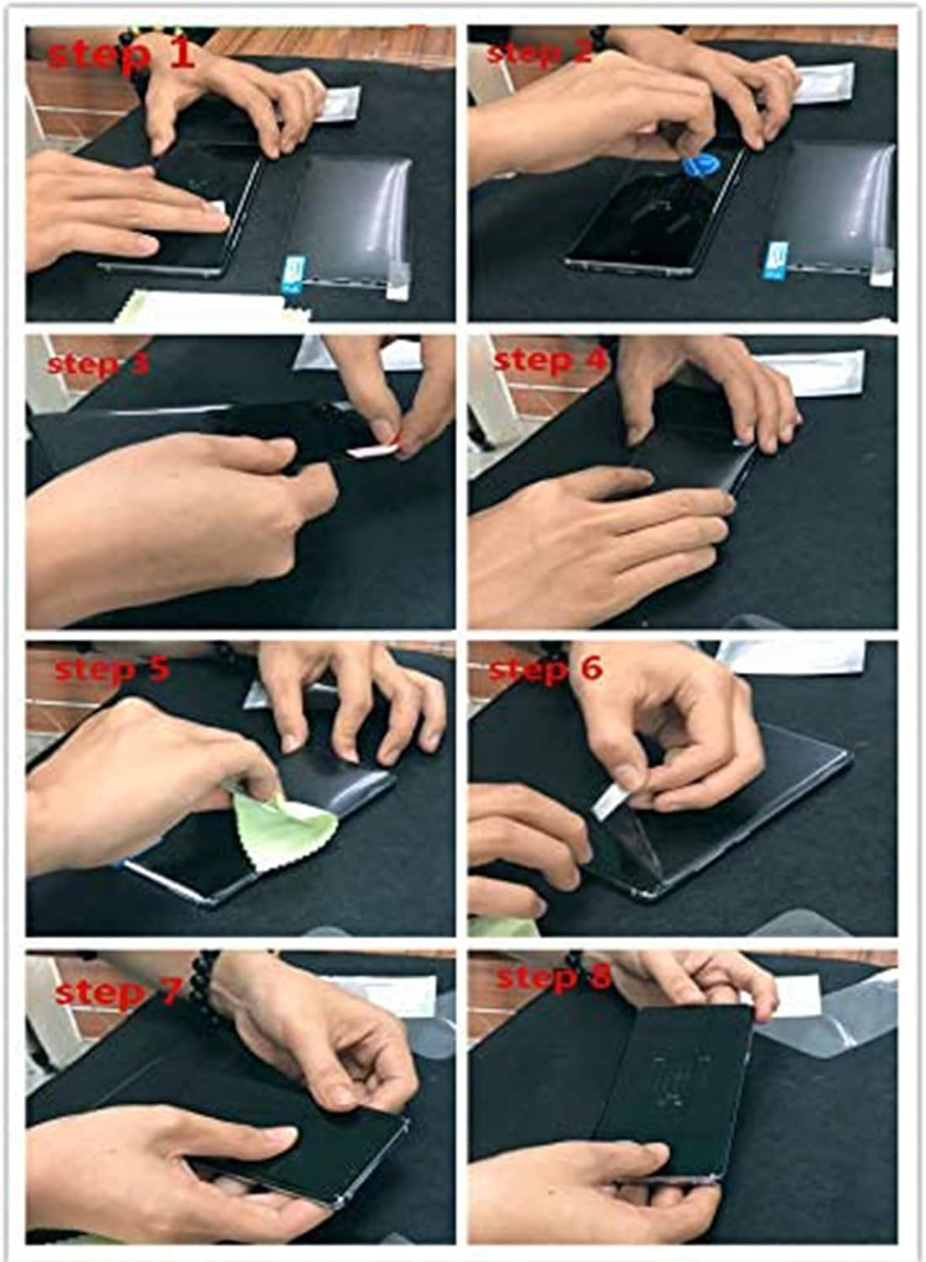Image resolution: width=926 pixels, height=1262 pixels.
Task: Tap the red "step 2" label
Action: pyautogui.click(x=540, y=53)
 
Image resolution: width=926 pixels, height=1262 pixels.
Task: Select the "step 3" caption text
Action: pyautogui.click(x=98, y=364)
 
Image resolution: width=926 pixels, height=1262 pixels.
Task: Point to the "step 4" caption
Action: pyautogui.click(x=550, y=360)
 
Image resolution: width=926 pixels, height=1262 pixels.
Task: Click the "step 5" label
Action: pyautogui.click(x=112, y=669)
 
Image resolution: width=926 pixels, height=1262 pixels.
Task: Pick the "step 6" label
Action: pyautogui.click(x=545, y=669)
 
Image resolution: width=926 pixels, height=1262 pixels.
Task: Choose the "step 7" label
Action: pyautogui.click(x=117, y=992)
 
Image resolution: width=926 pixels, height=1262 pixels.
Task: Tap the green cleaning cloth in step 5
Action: pyautogui.click(x=278, y=820)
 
